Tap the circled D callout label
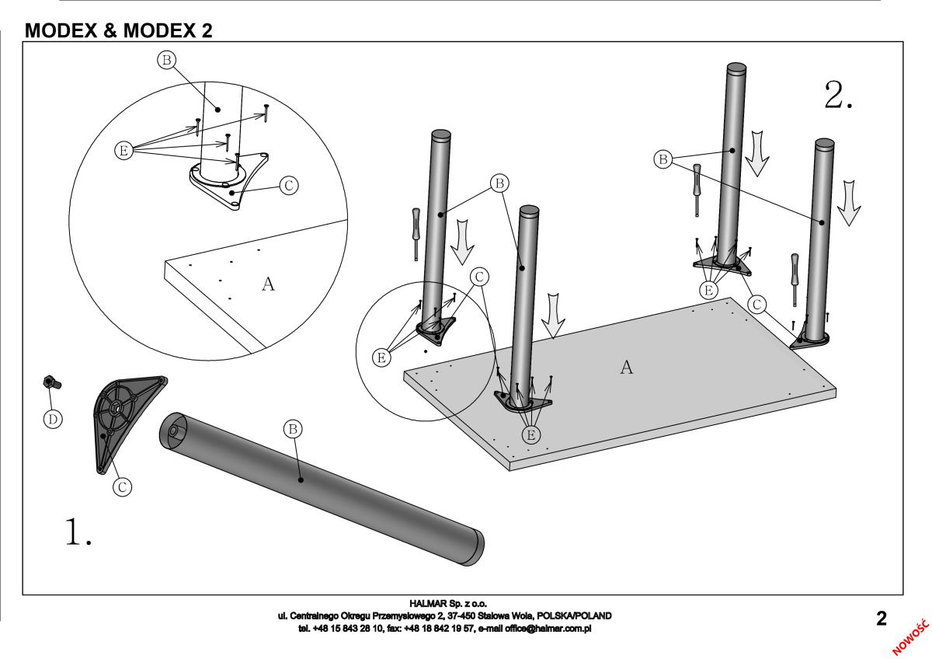53,419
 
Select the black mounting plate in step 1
124,420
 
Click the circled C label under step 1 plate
121,486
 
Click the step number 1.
78,532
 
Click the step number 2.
839,96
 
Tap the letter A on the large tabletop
626,368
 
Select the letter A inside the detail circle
268,284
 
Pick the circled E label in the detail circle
123,151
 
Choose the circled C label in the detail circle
288,185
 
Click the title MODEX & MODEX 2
119,31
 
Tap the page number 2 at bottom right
881,619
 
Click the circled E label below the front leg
530,434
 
